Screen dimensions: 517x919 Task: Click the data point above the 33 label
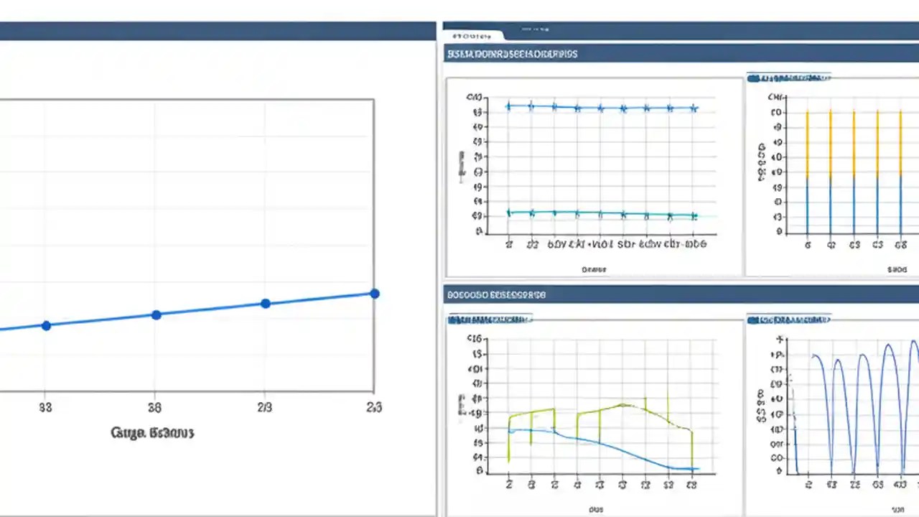point(47,325)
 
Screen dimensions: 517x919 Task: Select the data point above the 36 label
point(157,315)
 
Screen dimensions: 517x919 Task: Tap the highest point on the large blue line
point(374,293)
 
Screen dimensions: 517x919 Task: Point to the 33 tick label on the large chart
point(45,408)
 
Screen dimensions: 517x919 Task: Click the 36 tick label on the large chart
point(154,408)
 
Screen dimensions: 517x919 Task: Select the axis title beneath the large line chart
point(153,432)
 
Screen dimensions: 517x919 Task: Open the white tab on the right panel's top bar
point(472,34)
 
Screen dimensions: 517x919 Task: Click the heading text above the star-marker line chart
point(512,54)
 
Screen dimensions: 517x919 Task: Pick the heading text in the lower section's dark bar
point(495,294)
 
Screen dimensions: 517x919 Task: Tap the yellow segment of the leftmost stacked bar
point(807,144)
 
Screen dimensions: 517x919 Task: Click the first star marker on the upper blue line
point(508,106)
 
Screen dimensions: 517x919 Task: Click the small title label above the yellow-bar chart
point(788,75)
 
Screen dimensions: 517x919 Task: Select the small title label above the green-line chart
point(490,317)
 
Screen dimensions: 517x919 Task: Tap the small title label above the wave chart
point(788,317)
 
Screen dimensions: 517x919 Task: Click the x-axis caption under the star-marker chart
point(594,270)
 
